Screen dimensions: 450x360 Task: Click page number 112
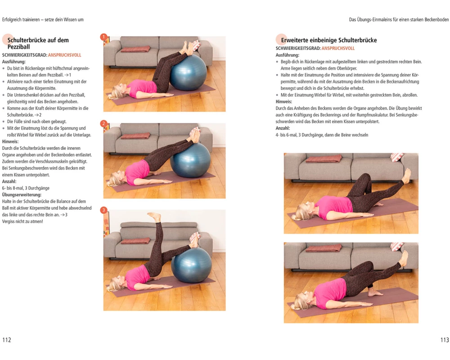(7, 340)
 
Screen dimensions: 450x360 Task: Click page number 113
(445, 340)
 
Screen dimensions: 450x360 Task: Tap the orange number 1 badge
(103, 37)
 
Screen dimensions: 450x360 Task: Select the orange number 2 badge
(103, 124)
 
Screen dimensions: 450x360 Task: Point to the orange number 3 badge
(103, 210)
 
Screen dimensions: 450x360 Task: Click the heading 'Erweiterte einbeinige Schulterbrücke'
(329, 40)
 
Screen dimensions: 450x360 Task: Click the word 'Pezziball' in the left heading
(18, 47)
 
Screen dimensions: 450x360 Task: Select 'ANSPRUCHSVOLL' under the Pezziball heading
(64, 55)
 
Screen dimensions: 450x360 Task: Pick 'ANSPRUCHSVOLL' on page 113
(338, 49)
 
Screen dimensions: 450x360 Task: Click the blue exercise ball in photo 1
(188, 72)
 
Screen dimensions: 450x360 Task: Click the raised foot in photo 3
(155, 216)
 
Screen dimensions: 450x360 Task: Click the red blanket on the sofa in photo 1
(135, 49)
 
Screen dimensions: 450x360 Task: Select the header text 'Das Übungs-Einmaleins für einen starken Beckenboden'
(399, 20)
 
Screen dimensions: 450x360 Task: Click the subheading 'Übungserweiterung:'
(22, 195)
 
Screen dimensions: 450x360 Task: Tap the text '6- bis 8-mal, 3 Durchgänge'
(26, 189)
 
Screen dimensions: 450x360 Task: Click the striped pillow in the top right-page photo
(397, 157)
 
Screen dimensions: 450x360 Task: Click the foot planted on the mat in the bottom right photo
(375, 293)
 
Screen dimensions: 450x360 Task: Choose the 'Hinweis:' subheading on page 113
(284, 102)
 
